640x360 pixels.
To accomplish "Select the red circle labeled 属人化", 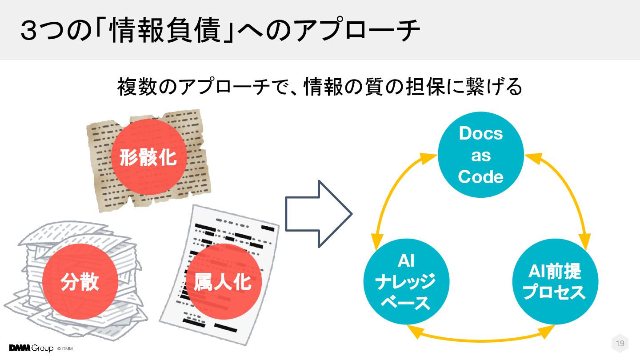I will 222,281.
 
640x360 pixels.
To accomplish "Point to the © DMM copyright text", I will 65,348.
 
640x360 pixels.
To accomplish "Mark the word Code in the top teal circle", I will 480,177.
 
